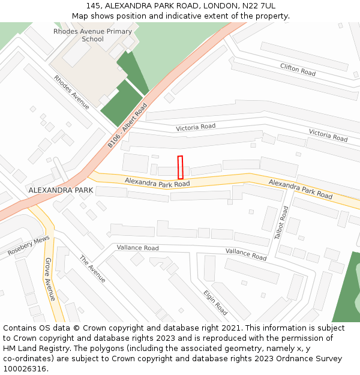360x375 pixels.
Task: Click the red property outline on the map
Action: tap(180, 167)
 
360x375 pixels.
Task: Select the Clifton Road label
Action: tap(298, 70)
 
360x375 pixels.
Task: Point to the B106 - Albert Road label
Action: tap(127, 126)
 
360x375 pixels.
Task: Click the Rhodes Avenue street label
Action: tap(71, 92)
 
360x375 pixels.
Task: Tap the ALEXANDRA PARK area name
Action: tap(61, 190)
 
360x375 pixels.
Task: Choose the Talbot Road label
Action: tap(281, 223)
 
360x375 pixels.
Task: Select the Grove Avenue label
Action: tap(50, 279)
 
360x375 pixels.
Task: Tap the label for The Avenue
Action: tap(92, 269)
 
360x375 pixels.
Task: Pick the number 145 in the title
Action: tap(94, 6)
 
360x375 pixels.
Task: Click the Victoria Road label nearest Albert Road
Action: tap(196, 127)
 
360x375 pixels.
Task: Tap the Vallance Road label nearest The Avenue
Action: tap(137, 248)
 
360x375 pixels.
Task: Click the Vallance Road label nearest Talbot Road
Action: tap(246, 254)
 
